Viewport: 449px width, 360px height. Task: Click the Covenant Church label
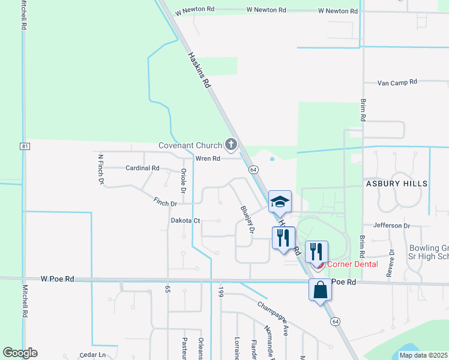pyautogui.click(x=190, y=145)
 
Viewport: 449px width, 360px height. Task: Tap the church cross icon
pyautogui.click(x=231, y=144)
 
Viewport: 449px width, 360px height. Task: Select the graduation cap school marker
pyautogui.click(x=280, y=203)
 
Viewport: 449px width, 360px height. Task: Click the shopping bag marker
pyautogui.click(x=321, y=290)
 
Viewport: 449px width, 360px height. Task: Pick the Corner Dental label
pyautogui.click(x=352, y=264)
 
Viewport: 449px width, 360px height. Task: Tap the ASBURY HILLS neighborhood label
pyautogui.click(x=394, y=184)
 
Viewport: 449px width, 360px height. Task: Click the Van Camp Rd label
pyautogui.click(x=397, y=83)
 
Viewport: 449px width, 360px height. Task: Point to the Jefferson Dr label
pyautogui.click(x=391, y=226)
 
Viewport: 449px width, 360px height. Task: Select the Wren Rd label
pyautogui.click(x=208, y=158)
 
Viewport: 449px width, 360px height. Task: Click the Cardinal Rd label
pyautogui.click(x=142, y=168)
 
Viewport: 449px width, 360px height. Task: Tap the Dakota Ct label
pyautogui.click(x=185, y=221)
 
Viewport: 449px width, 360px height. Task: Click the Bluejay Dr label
pyautogui.click(x=248, y=220)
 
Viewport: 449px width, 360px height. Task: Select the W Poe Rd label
pyautogui.click(x=58, y=279)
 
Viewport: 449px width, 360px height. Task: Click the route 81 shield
pyautogui.click(x=24, y=146)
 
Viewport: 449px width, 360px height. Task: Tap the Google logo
pyautogui.click(x=20, y=353)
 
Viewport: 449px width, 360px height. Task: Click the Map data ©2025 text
pyautogui.click(x=423, y=355)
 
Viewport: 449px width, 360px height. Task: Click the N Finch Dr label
pyautogui.click(x=101, y=169)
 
